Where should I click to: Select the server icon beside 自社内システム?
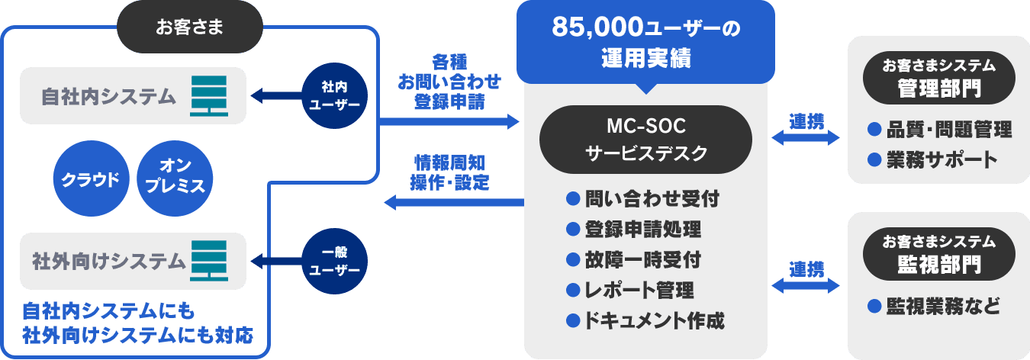pyautogui.click(x=208, y=95)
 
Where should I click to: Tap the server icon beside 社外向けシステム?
pyautogui.click(x=208, y=261)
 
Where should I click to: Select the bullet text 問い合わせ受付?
pyautogui.click(x=652, y=201)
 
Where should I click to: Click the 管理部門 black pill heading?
pyautogui.click(x=938, y=79)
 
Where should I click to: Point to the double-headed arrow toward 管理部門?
pyautogui.click(x=806, y=138)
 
